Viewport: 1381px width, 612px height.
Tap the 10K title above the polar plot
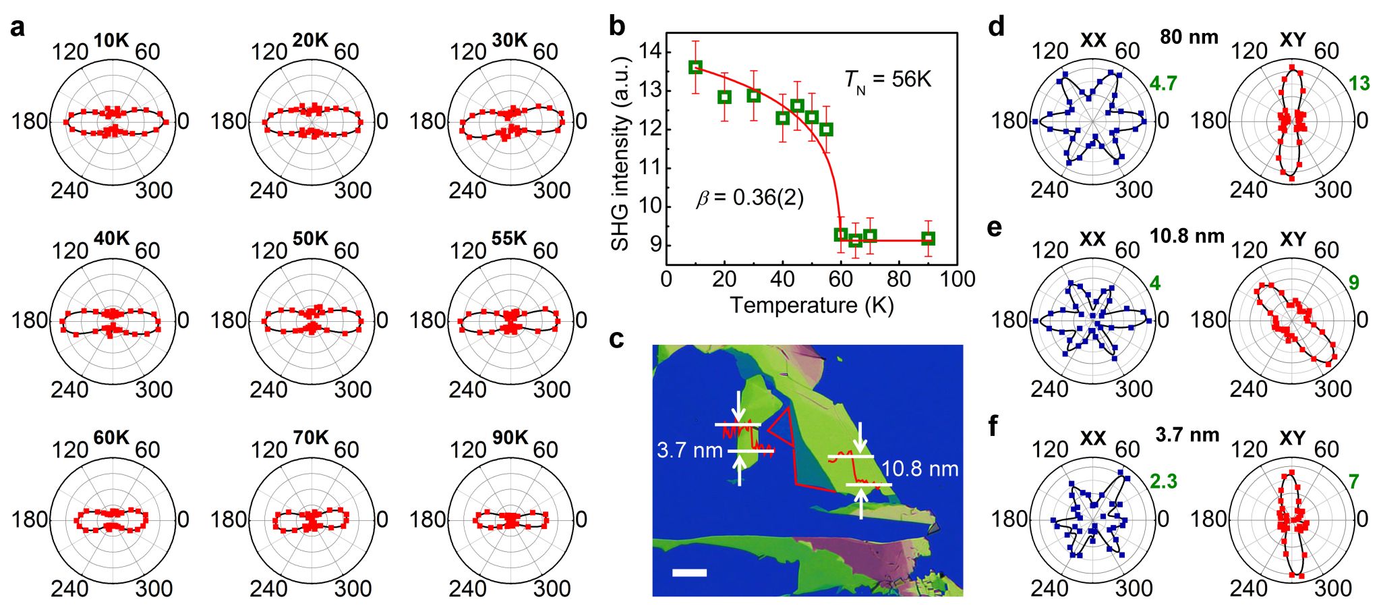111,40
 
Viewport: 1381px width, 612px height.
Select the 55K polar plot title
509,239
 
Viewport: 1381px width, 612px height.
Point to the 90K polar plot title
509,438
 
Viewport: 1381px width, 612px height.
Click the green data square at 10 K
695,67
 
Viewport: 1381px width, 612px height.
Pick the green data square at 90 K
928,238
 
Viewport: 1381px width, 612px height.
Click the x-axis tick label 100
958,279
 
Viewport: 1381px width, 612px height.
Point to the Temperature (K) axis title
812,305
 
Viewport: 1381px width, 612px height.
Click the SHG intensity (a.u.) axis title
620,153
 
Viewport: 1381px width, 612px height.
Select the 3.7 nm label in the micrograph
689,450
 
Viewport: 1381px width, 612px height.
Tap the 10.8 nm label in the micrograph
920,469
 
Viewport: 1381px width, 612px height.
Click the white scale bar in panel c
689,573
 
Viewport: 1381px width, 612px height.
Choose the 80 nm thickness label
1189,36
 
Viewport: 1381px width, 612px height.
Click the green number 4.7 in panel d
1163,83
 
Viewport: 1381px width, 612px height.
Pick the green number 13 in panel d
1359,83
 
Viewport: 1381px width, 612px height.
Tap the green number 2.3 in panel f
1163,481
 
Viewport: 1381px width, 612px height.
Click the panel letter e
994,227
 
